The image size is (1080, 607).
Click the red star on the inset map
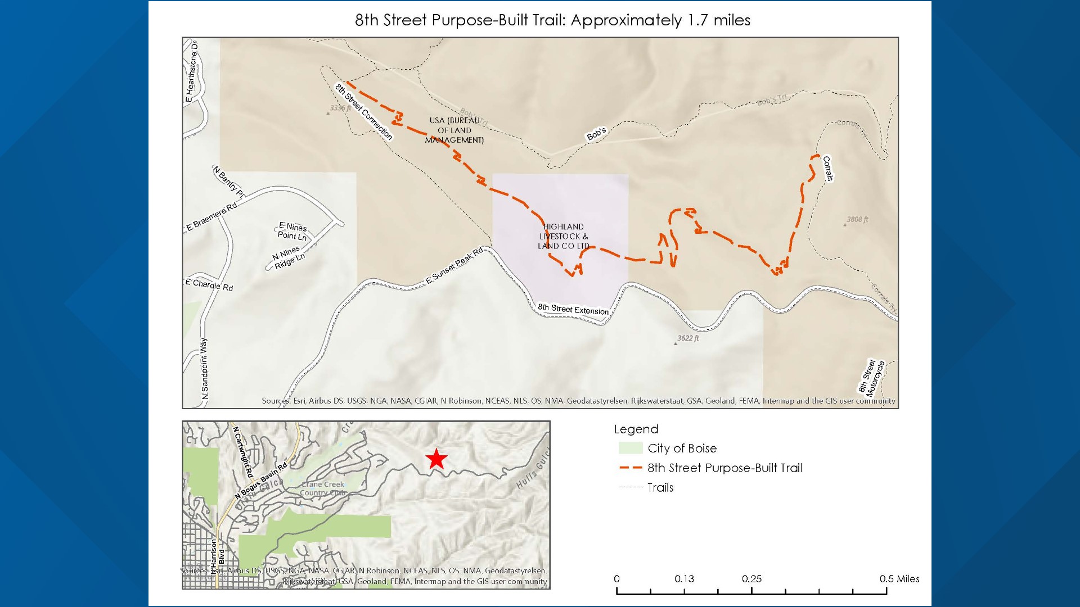click(x=436, y=459)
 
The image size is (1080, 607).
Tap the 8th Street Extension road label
click(x=573, y=309)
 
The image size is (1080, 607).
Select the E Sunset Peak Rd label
click(x=454, y=265)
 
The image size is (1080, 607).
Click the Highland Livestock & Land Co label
click(x=563, y=237)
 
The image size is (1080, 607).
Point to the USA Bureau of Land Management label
click(x=454, y=130)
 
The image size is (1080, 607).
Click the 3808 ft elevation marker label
click(x=857, y=220)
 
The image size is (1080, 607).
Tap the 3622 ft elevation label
click(x=688, y=338)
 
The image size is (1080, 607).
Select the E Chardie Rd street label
click(x=209, y=285)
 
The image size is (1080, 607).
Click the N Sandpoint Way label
click(x=204, y=369)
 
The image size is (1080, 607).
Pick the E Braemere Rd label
click(x=212, y=216)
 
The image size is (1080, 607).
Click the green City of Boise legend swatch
click(x=630, y=449)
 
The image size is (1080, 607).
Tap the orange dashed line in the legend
click(x=630, y=468)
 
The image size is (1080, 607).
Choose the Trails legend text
click(x=660, y=488)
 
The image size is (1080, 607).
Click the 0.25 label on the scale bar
click(x=751, y=579)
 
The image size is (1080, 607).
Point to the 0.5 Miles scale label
click(x=899, y=579)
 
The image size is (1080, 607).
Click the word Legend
click(x=636, y=429)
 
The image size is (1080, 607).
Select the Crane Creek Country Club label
click(x=322, y=488)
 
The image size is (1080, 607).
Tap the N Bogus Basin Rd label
click(x=260, y=481)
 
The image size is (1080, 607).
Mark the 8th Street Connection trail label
click(x=363, y=112)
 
